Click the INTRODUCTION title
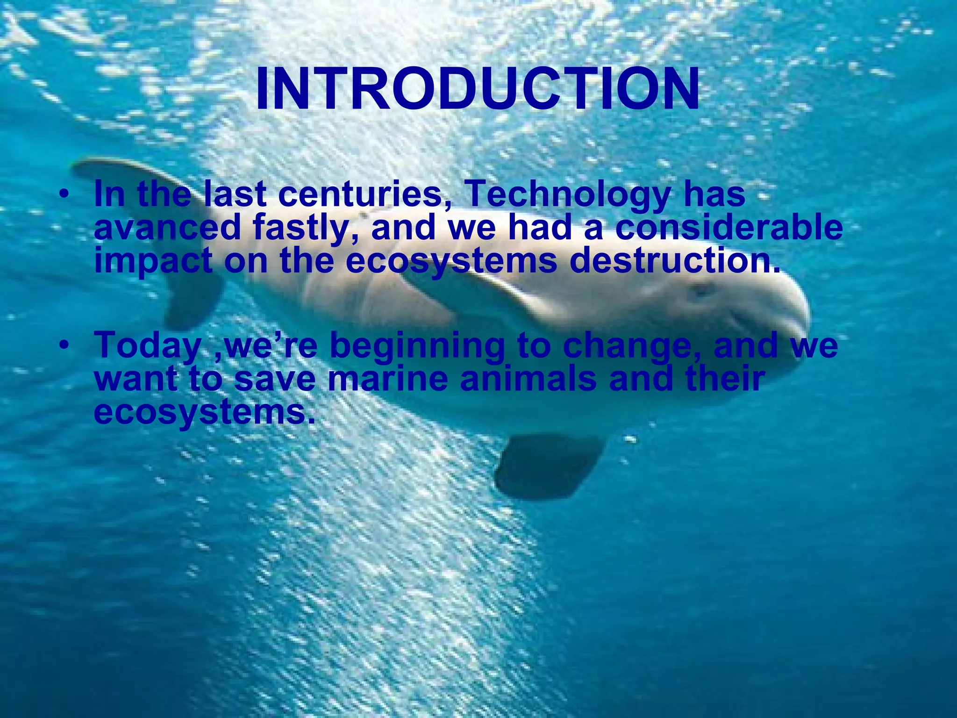tap(478, 89)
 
